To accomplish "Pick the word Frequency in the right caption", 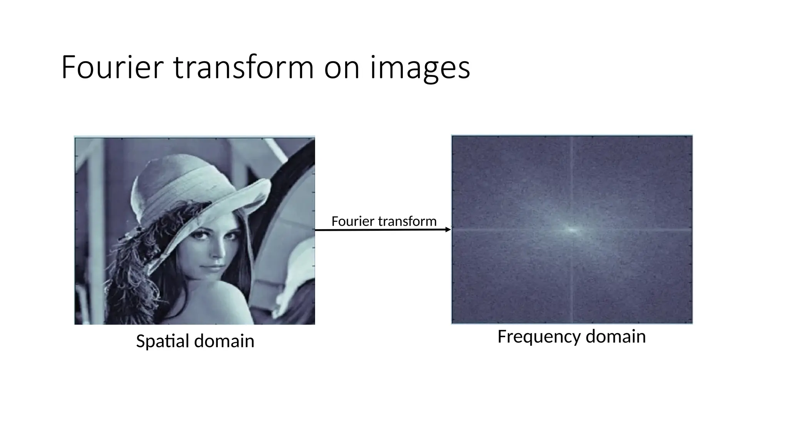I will tap(539, 336).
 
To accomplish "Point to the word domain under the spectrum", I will tap(616, 336).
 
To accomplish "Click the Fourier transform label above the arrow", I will tap(384, 221).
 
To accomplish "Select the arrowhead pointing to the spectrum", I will tap(447, 230).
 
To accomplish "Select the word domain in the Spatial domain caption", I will tap(224, 341).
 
